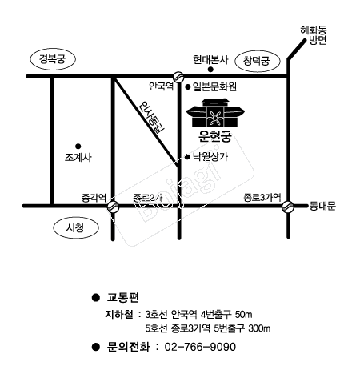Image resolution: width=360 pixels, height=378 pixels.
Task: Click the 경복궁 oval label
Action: pos(52,59)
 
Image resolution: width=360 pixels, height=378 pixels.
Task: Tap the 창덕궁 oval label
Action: pos(257,61)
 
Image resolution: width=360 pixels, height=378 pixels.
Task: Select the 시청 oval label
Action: pos(76,228)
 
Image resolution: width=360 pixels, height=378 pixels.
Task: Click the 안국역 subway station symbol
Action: pos(178,77)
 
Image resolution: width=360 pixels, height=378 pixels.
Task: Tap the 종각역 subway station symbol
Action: pos(113,207)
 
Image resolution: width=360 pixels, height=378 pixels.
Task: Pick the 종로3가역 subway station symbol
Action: pos(288,207)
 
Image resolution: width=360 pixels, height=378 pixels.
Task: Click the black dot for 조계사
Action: pos(78,147)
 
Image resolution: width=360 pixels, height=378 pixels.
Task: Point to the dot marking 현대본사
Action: pos(210,70)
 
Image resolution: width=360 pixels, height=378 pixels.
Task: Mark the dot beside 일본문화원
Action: pos(188,86)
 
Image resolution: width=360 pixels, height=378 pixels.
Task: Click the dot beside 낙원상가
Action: pos(187,157)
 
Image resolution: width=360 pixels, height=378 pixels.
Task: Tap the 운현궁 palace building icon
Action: pos(215,113)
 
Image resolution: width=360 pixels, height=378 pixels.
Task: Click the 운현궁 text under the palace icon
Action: pos(215,136)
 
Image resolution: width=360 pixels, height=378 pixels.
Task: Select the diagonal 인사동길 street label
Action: pos(152,118)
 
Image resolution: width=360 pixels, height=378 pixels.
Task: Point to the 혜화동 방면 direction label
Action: pos(314,35)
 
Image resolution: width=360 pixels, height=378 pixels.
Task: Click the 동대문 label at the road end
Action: pos(322,206)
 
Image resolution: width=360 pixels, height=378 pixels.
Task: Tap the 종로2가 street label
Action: pos(147,198)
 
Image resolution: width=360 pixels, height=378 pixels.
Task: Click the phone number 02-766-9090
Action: pos(200,347)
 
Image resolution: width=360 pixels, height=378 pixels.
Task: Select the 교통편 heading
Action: pos(123,297)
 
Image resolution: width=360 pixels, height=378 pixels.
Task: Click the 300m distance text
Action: pos(259,328)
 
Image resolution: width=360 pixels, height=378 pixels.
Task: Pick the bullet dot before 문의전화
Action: pos(95,347)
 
